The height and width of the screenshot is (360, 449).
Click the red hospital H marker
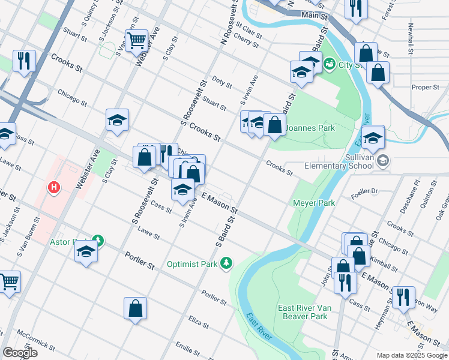(55, 188)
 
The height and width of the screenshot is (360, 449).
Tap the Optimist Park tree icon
(226, 263)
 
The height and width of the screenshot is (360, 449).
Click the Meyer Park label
(313, 203)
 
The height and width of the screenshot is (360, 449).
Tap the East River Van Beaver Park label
(303, 312)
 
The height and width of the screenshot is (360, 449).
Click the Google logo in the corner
(20, 353)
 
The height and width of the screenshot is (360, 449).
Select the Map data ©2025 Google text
(411, 355)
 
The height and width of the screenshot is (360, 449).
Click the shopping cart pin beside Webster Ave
(137, 40)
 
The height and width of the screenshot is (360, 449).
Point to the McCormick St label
(36, 339)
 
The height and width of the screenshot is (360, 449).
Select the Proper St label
(425, 87)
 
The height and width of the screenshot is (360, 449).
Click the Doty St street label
(221, 83)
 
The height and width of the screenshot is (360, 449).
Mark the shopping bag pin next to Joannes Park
(274, 125)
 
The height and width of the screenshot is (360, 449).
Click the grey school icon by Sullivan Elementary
(384, 161)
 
